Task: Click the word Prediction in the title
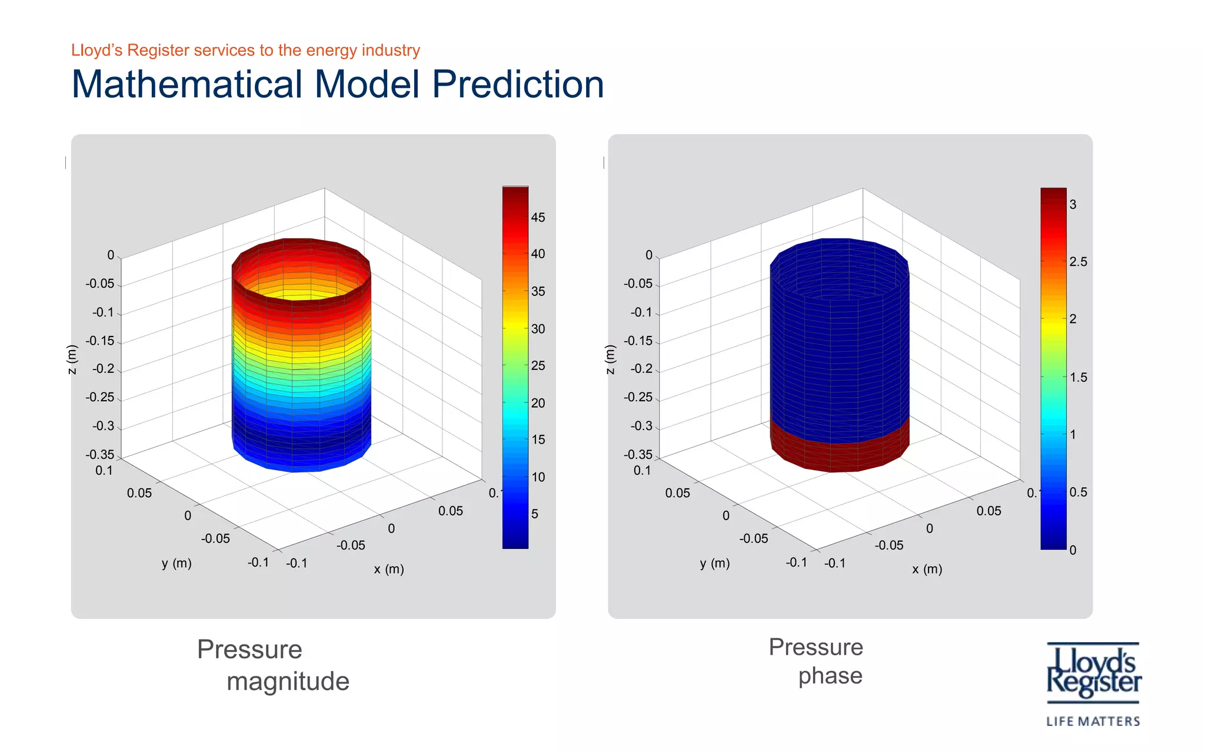click(518, 84)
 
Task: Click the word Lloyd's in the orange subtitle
click(96, 51)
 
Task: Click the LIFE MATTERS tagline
click(1093, 721)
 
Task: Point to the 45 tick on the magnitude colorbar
click(538, 218)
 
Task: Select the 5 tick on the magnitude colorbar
click(534, 514)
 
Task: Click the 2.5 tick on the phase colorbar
click(1078, 262)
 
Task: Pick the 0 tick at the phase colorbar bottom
click(1073, 550)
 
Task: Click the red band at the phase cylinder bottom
click(840, 456)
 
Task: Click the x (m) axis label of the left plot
click(389, 569)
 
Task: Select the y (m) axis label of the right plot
click(714, 563)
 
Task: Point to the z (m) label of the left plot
click(72, 359)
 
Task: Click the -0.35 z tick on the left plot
click(99, 454)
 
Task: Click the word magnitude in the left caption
click(288, 681)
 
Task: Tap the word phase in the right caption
click(830, 676)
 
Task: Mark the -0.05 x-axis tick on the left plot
click(351, 545)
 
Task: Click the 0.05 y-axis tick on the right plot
click(677, 493)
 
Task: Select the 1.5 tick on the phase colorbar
click(1078, 377)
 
